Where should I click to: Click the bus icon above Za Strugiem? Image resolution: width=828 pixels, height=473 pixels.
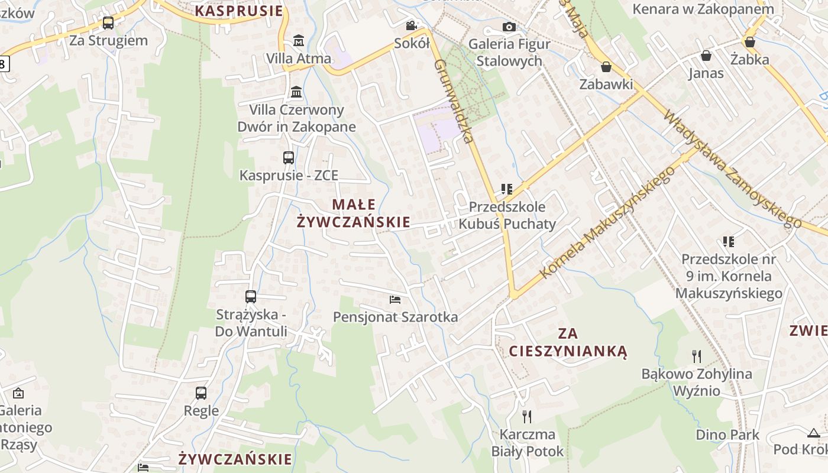pos(108,23)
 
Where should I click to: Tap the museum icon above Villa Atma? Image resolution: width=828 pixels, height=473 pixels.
pos(299,41)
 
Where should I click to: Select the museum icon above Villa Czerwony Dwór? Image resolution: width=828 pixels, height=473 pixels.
pos(296,92)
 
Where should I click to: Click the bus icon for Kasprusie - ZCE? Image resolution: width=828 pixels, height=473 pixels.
pos(289,158)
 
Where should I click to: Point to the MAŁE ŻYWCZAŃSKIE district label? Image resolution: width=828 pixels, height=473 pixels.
pos(354,213)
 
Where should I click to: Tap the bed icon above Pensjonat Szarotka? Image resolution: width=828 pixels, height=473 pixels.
pos(395,300)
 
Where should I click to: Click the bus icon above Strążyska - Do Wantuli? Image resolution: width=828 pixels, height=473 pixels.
pos(251,297)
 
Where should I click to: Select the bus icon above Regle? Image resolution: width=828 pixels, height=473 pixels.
pos(201,393)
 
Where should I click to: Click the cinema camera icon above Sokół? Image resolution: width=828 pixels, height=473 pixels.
pos(412,26)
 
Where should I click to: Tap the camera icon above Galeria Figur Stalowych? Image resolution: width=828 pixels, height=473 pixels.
pos(509,27)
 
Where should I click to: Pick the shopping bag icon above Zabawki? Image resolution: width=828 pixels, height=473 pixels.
pos(606,67)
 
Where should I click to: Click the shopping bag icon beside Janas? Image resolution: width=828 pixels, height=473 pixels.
pos(706,56)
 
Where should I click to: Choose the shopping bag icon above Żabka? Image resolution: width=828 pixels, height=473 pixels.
pos(749,42)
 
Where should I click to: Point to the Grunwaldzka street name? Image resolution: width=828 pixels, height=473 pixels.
pos(454,101)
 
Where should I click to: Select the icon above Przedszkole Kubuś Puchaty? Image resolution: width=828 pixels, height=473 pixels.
pos(507,189)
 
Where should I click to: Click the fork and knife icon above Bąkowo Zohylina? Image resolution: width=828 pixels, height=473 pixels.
pos(697,356)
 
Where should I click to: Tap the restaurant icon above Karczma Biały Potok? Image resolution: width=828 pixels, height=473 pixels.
pos(527,417)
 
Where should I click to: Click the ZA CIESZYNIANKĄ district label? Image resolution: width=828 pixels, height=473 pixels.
pos(568,342)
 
